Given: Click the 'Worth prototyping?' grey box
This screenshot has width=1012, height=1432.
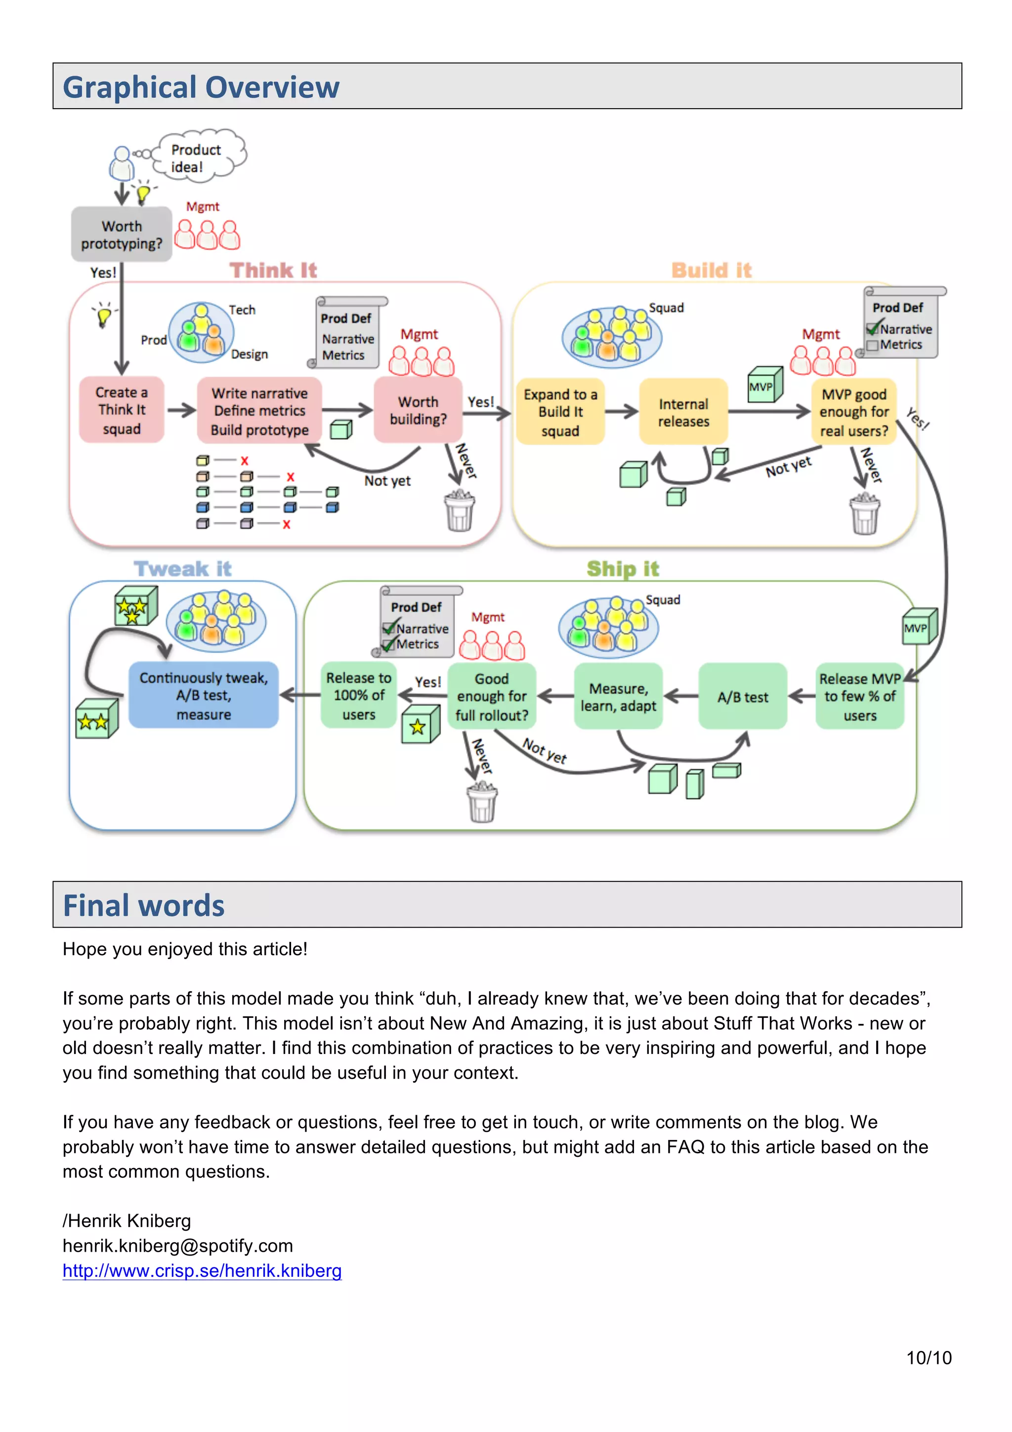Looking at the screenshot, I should pos(122,235).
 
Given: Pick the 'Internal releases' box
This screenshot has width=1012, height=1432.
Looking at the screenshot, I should pos(683,412).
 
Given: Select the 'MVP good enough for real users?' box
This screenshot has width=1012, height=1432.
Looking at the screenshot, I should pos(853,412).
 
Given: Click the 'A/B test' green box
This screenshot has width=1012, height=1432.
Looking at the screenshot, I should pos(743,697).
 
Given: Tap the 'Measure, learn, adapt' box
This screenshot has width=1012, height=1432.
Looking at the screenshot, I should pos(618,697).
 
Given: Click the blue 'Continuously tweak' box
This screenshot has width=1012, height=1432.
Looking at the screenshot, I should pos(203,695).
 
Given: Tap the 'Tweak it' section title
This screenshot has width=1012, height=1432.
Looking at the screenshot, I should pos(183,569).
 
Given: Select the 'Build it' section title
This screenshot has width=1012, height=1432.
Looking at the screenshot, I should pos(712,270).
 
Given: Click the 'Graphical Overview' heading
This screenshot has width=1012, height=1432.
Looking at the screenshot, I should pos(201,86).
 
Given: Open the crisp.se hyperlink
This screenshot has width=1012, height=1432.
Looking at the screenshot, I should pos(202,1270).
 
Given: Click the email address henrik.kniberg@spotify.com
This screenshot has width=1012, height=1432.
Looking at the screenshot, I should pos(178,1246).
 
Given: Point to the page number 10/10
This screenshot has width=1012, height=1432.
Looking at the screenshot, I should pos(928,1358).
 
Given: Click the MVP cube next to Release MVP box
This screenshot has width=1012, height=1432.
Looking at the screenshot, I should pos(920,627).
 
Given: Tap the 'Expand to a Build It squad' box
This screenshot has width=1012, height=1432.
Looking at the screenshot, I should pos(560,412).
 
